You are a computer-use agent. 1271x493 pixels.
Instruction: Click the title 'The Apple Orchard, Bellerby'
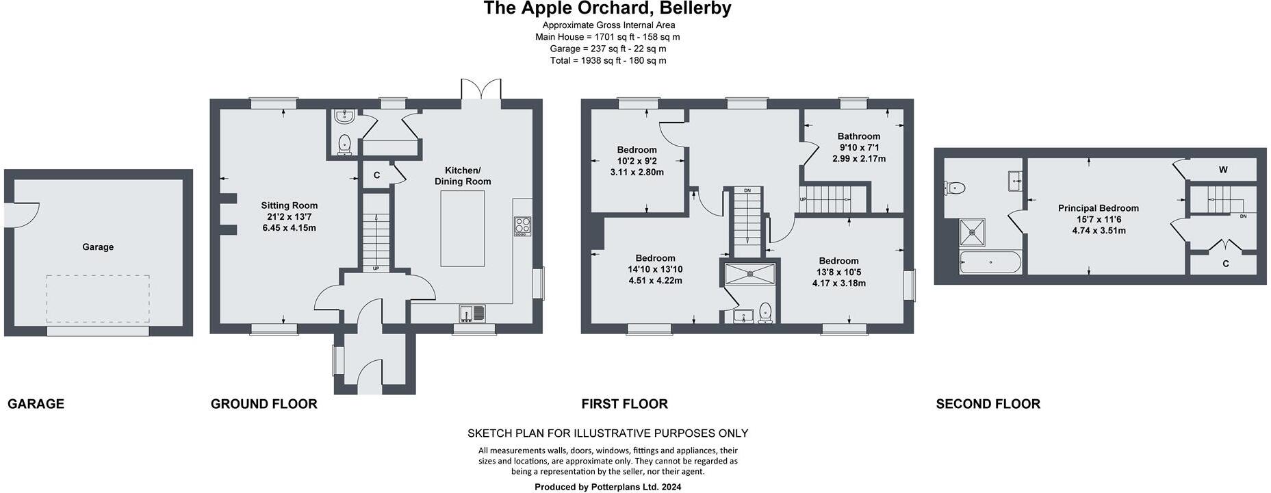click(x=607, y=8)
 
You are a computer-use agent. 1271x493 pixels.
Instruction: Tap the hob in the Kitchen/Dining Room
click(x=522, y=225)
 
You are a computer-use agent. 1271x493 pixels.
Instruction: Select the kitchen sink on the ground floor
click(x=472, y=313)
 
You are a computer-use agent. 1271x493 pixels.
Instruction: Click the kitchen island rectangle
click(x=463, y=228)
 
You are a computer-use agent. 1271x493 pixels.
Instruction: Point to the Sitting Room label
click(x=289, y=205)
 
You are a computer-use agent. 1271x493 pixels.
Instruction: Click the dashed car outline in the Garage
click(x=98, y=299)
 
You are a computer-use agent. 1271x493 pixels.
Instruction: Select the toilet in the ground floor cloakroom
click(x=344, y=144)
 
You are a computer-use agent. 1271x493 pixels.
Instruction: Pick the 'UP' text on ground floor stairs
click(x=376, y=268)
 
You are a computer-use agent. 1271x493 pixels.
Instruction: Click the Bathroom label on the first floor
click(x=858, y=136)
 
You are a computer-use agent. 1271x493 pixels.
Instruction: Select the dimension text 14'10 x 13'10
click(x=655, y=269)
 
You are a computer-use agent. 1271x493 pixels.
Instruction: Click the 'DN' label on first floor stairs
click(x=747, y=190)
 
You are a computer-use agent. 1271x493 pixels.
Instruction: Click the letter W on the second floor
click(x=1222, y=170)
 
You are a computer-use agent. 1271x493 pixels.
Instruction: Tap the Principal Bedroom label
click(x=1098, y=208)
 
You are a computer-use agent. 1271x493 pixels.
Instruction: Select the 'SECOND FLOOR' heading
click(x=988, y=404)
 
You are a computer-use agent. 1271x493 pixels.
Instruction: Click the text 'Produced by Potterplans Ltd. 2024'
click(x=607, y=487)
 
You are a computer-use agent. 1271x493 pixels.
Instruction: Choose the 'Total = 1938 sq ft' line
click(x=607, y=60)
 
